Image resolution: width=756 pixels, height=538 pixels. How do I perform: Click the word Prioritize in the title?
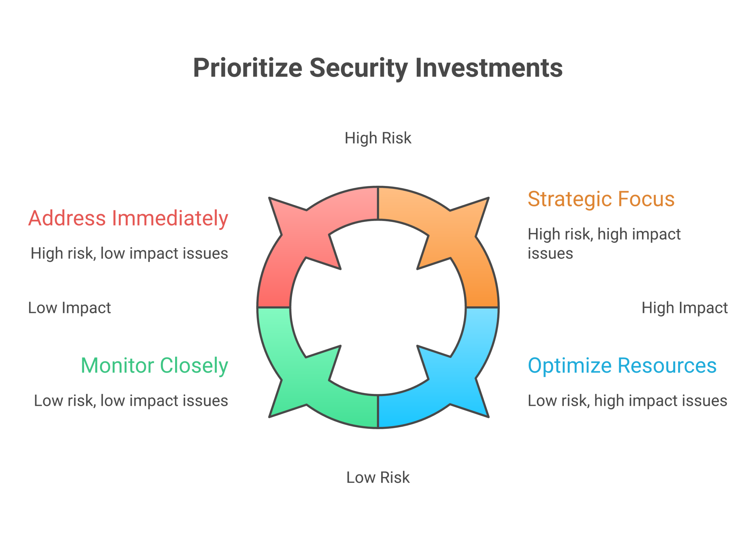pos(247,68)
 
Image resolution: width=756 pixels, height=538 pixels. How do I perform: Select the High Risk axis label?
pos(378,138)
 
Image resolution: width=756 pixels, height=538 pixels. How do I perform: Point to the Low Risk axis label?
pos(378,477)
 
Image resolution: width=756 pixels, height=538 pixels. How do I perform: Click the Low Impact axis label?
pos(69,308)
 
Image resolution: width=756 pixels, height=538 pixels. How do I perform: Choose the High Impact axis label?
pos(685,308)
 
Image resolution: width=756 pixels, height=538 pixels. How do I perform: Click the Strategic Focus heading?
pos(601,199)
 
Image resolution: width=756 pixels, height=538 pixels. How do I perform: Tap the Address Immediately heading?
pos(128,218)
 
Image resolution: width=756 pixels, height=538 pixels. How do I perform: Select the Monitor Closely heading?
pos(154,366)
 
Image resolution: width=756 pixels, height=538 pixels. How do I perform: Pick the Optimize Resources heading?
pos(622,366)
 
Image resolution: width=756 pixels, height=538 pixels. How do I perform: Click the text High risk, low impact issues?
pos(129,253)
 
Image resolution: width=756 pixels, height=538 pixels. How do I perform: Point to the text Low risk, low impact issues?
pos(131,401)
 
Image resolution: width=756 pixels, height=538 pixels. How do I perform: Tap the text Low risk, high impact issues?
pos(627,401)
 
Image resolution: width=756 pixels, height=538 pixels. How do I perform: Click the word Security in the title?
pos(358,68)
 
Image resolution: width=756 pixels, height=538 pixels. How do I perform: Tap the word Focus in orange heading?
pos(646,199)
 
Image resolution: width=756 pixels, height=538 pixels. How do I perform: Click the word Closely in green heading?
pos(194,366)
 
